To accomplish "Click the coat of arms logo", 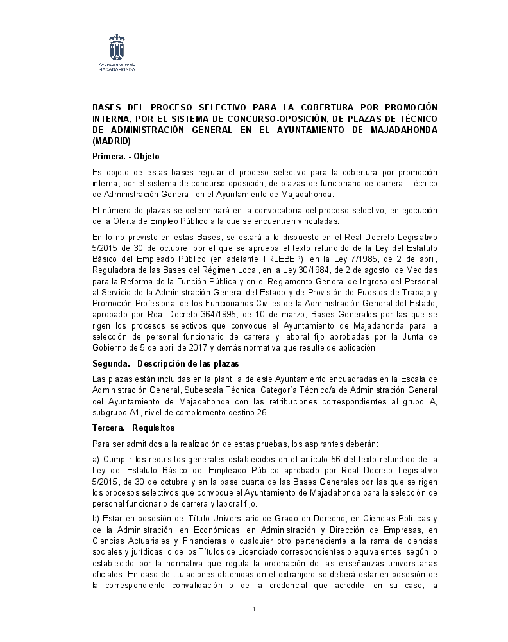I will (x=116, y=48).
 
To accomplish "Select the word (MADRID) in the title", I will (x=112, y=141).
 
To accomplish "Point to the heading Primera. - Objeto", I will (x=126, y=156).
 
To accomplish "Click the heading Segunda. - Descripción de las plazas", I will (x=157, y=364).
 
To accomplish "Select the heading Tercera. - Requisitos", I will (x=133, y=428).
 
